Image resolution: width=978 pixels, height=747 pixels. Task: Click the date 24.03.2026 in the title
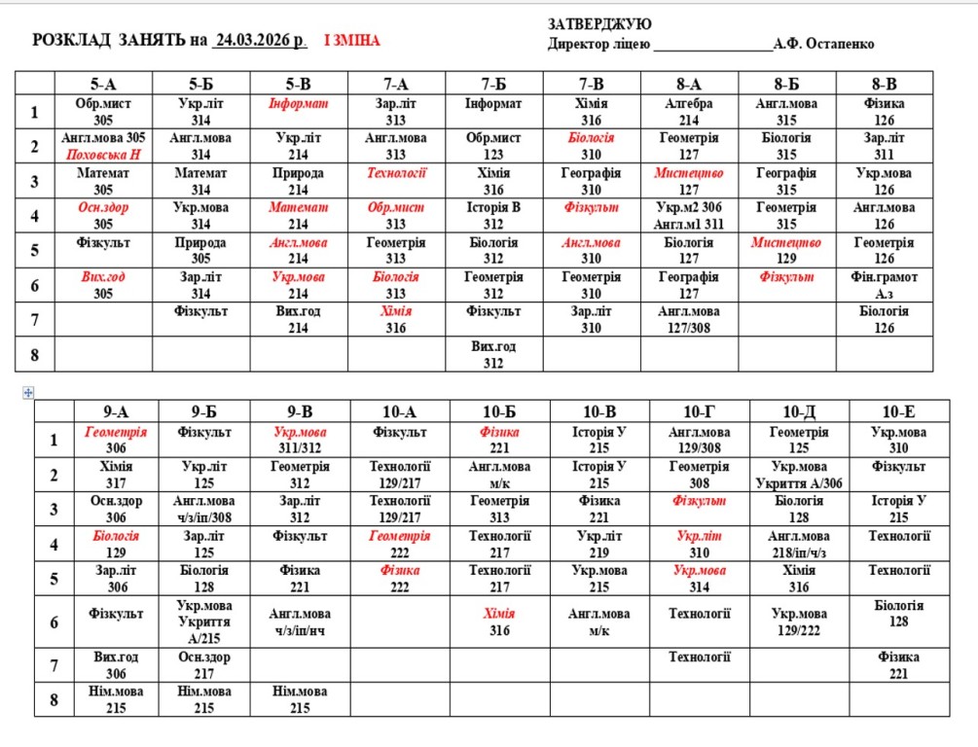[260, 41]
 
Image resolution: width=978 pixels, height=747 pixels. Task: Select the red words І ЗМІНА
[351, 41]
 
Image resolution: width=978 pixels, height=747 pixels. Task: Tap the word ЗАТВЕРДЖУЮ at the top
[599, 24]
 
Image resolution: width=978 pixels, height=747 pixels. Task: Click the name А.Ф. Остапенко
[823, 44]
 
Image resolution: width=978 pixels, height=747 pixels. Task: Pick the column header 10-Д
[798, 410]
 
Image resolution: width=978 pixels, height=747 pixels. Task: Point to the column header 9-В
[300, 410]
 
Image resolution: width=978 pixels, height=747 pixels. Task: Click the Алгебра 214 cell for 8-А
[689, 112]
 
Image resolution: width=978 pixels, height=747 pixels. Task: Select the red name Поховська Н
[103, 155]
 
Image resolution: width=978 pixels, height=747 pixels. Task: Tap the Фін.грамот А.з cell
[884, 285]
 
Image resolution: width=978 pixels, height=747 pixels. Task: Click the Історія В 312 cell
[493, 215]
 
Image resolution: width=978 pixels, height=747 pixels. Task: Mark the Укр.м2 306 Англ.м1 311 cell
[689, 215]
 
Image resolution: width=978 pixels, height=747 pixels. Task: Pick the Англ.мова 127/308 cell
[689, 319]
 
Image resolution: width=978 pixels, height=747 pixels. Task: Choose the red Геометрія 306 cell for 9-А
[116, 440]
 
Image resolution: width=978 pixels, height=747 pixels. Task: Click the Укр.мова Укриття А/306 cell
[798, 475]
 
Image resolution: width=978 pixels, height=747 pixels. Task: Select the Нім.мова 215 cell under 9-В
[300, 700]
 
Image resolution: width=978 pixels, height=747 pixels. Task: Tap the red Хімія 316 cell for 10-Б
[499, 622]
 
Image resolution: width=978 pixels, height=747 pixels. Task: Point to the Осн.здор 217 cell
[204, 665]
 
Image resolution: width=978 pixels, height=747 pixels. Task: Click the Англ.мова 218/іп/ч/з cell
[798, 544]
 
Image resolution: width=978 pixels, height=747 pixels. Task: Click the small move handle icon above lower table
[27, 391]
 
